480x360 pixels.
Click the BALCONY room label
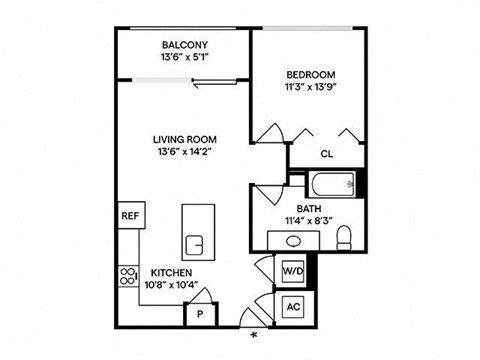[185, 45]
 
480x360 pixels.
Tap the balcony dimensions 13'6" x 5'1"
[185, 57]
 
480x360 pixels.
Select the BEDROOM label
[311, 75]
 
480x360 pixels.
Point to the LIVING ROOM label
[185, 139]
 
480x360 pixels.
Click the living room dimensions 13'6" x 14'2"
[185, 152]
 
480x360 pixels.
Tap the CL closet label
[327, 154]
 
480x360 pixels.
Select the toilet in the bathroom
[344, 238]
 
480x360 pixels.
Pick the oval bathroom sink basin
[293, 241]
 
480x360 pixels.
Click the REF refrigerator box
[131, 215]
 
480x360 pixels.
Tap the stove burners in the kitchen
[128, 276]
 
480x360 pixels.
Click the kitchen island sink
[194, 245]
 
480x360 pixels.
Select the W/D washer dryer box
[293, 271]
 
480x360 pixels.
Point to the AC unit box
[293, 306]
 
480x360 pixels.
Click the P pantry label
[200, 314]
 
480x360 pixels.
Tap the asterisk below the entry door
[254, 335]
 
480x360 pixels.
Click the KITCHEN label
[171, 273]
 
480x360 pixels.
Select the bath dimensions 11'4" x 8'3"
[309, 221]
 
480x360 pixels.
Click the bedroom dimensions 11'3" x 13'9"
[310, 87]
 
